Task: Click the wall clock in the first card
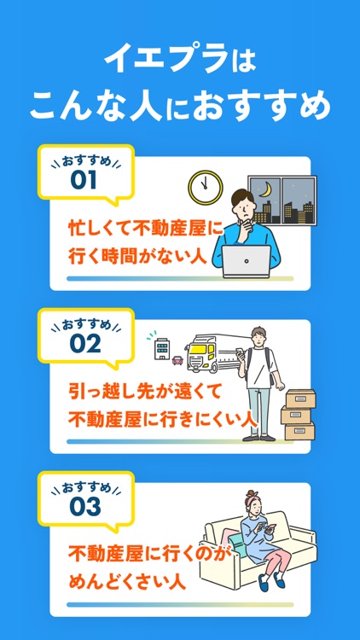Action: point(205,187)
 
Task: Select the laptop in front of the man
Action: point(247,261)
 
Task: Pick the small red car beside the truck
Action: point(177,359)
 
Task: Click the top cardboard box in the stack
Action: point(300,398)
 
